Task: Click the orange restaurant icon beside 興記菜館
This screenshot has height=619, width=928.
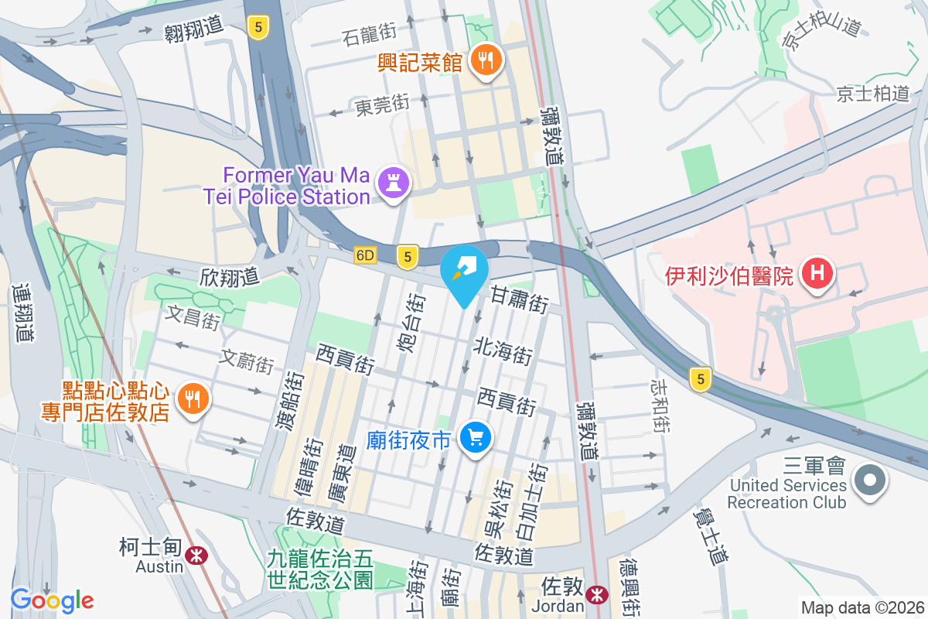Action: tap(486, 60)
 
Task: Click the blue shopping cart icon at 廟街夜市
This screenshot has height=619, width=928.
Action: tap(475, 439)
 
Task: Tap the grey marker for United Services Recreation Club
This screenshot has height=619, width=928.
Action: tap(870, 480)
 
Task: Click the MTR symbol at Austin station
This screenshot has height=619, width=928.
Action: tap(197, 555)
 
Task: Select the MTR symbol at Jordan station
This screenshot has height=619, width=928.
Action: tap(597, 593)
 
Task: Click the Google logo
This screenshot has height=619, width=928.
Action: tap(52, 600)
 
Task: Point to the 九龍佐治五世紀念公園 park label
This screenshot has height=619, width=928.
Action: tap(320, 569)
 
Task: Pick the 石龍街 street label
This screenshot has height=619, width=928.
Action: tap(369, 32)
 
